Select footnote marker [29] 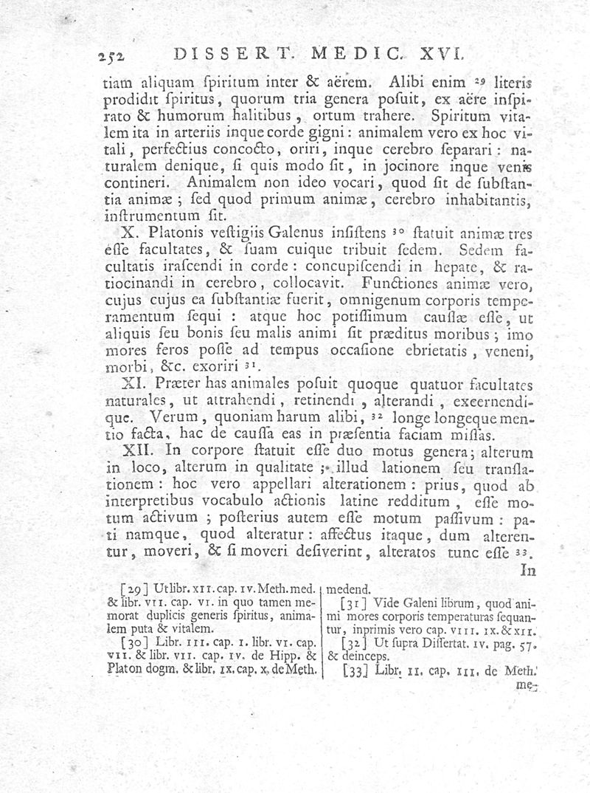132,589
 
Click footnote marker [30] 133,642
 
